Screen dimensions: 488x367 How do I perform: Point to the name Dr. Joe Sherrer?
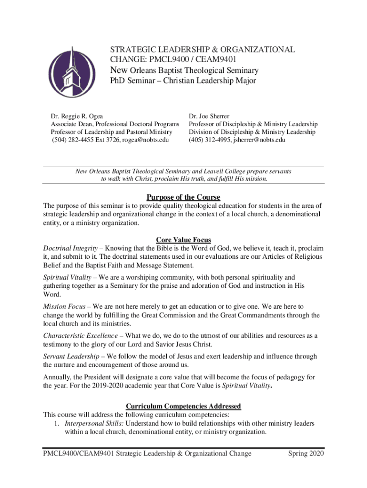point(209,116)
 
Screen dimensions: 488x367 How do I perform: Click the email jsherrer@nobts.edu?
point(259,140)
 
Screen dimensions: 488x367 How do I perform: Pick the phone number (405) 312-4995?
point(209,140)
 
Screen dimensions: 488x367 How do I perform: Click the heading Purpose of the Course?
point(183,197)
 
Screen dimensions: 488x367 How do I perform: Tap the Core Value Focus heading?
point(183,240)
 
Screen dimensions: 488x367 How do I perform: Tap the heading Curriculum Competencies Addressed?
point(183,406)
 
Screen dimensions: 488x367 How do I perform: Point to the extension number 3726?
point(113,140)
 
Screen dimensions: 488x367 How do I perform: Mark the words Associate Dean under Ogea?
point(71,124)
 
